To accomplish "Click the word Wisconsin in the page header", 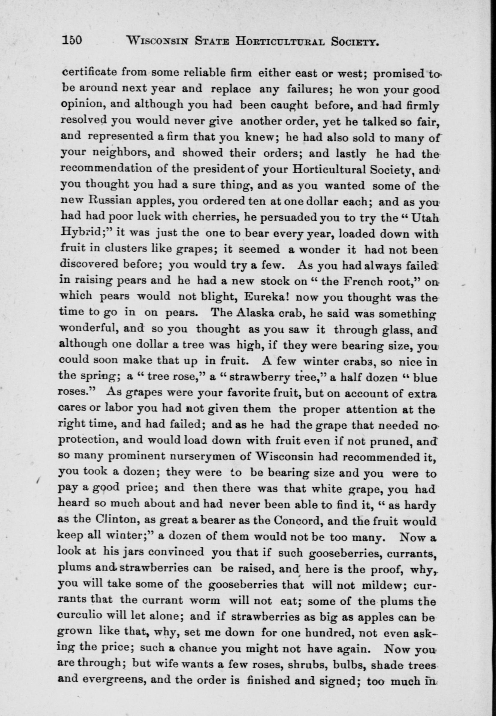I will tap(158, 41).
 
